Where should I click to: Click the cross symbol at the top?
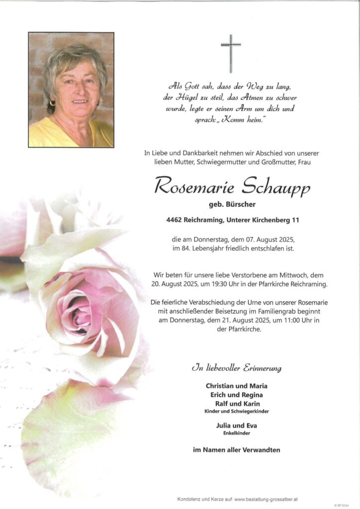231,53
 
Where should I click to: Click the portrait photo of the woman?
71,90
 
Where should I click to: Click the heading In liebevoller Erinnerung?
236,368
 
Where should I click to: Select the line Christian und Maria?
236,386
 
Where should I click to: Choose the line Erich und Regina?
236,395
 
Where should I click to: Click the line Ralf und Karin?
236,404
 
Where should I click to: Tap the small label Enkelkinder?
236,433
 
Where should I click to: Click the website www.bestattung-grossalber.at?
266,499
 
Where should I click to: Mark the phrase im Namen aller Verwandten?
236,450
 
